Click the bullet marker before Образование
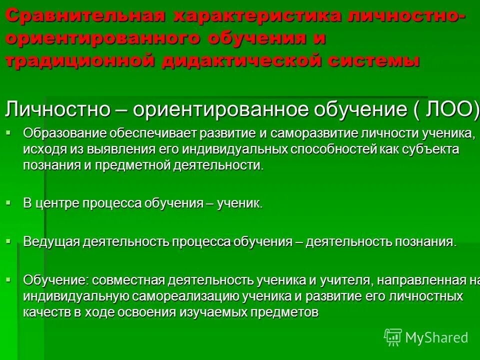coord(8,131)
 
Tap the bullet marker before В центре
coord(8,201)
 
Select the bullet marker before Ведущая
coord(8,240)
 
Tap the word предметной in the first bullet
coord(136,165)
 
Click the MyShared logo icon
coord(393,337)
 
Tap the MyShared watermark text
coord(436,337)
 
